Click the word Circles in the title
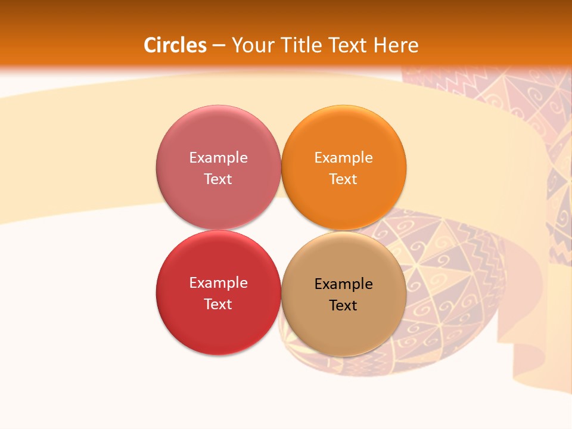click(175, 45)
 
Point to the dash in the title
click(218, 45)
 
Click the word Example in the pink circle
click(218, 157)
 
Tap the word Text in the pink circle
click(218, 179)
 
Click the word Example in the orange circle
click(344, 157)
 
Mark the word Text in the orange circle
click(344, 179)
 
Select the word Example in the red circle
click(218, 282)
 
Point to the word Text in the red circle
click(218, 304)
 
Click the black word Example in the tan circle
click(344, 284)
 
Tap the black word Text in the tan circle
click(344, 305)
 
